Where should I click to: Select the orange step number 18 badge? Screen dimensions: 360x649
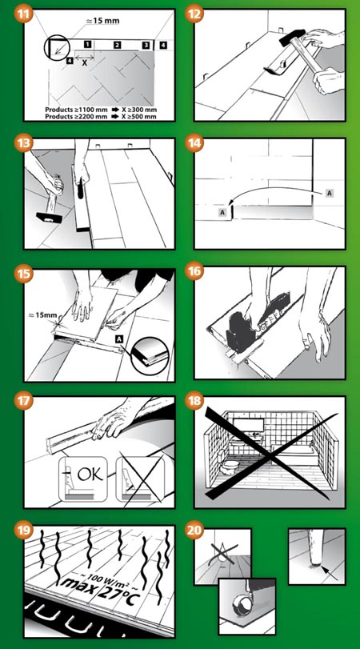[194, 402]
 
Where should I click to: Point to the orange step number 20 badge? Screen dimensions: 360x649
[194, 531]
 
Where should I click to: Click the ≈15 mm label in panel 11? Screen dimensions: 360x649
[102, 21]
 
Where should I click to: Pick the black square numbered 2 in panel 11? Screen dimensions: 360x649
[117, 45]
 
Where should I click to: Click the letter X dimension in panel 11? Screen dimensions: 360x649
[85, 63]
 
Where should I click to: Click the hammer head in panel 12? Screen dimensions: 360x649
[293, 37]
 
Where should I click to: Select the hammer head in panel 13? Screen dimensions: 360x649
[49, 217]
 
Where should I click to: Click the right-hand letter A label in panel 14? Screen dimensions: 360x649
[330, 194]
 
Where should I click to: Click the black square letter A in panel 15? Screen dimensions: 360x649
[119, 339]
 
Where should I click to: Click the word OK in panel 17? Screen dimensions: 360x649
[90, 474]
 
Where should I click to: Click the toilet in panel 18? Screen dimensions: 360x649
[229, 466]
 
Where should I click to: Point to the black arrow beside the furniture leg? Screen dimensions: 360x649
[330, 573]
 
